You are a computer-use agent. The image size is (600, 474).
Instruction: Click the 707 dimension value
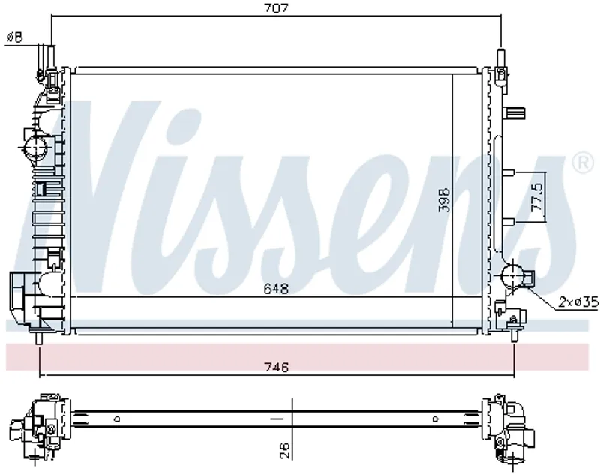[276, 8]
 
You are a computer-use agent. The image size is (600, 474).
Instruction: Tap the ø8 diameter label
[15, 37]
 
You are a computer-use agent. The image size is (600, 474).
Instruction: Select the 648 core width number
[276, 288]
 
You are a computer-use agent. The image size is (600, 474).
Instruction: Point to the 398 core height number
[444, 199]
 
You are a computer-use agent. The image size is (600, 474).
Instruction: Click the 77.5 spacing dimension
[537, 196]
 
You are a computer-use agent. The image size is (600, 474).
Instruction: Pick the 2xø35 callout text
[577, 302]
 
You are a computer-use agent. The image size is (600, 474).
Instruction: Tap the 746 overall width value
[276, 367]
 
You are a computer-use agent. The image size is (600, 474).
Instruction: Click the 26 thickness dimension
[285, 451]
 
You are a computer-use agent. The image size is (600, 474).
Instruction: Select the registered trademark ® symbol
[582, 163]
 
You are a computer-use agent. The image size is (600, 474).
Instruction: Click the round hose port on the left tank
[35, 147]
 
